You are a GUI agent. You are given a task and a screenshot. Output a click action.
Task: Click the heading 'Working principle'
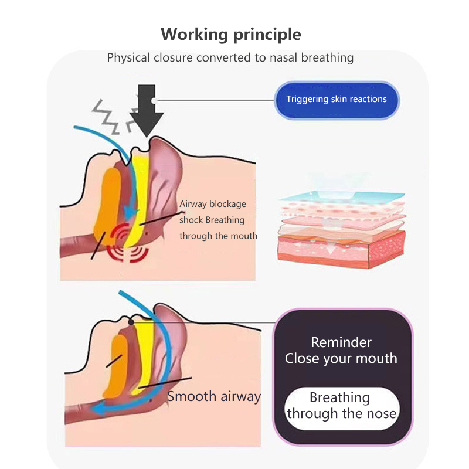click(x=231, y=34)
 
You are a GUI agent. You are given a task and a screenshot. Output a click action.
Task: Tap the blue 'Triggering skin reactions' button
click(x=337, y=99)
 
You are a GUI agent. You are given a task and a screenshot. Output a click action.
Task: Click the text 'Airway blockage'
click(x=212, y=204)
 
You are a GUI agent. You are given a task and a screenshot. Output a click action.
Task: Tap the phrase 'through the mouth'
click(x=218, y=236)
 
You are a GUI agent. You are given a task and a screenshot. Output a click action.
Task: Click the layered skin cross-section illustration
click(x=341, y=223)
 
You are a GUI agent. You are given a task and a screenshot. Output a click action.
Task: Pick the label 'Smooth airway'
click(x=214, y=396)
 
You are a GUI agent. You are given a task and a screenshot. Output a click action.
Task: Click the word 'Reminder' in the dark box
click(x=341, y=342)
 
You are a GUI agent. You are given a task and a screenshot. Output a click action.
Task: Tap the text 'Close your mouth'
click(x=341, y=358)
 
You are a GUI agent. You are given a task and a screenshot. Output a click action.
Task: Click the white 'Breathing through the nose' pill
click(x=342, y=406)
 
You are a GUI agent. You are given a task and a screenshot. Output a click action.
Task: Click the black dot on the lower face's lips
click(x=131, y=321)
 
